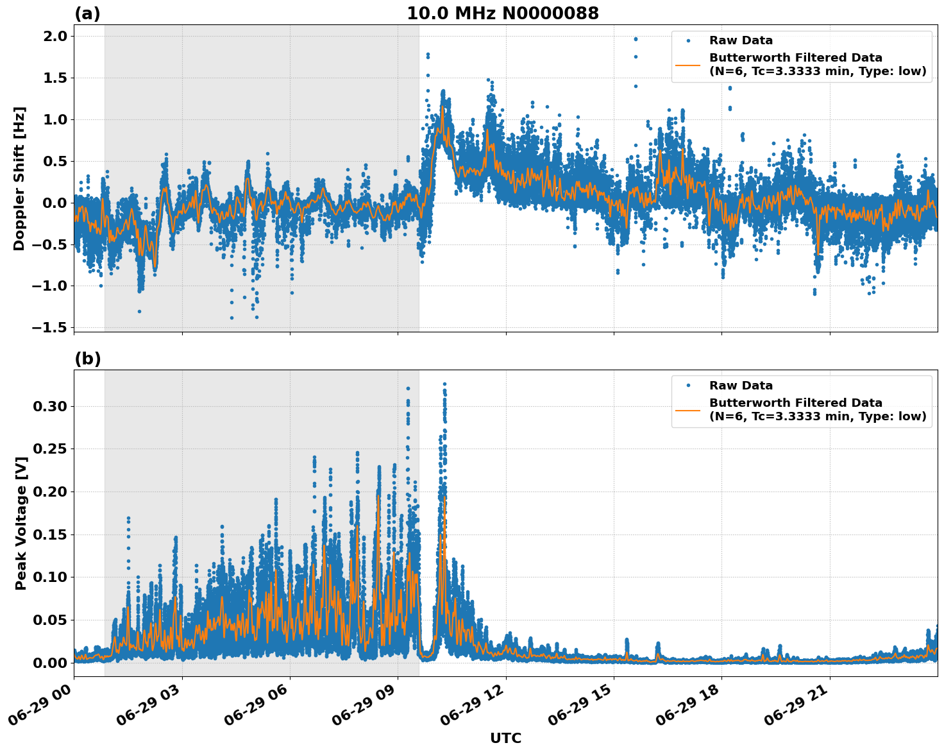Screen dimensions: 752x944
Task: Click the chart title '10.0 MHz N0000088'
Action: point(503,13)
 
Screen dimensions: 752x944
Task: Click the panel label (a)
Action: point(87,13)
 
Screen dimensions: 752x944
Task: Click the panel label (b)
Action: point(87,359)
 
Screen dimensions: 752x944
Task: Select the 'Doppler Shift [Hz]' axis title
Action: point(19,178)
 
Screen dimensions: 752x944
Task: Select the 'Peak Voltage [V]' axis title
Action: point(21,523)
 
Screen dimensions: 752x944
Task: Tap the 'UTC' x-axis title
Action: point(505,738)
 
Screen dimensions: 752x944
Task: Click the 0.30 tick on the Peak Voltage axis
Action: point(50,406)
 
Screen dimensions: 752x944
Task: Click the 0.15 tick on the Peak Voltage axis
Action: point(50,534)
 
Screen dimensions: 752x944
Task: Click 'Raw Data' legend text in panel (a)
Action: point(741,40)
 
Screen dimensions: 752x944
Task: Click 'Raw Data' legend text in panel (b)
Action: point(741,386)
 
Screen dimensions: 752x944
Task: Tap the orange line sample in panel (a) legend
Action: point(688,65)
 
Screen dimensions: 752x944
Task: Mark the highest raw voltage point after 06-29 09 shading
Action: point(444,384)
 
